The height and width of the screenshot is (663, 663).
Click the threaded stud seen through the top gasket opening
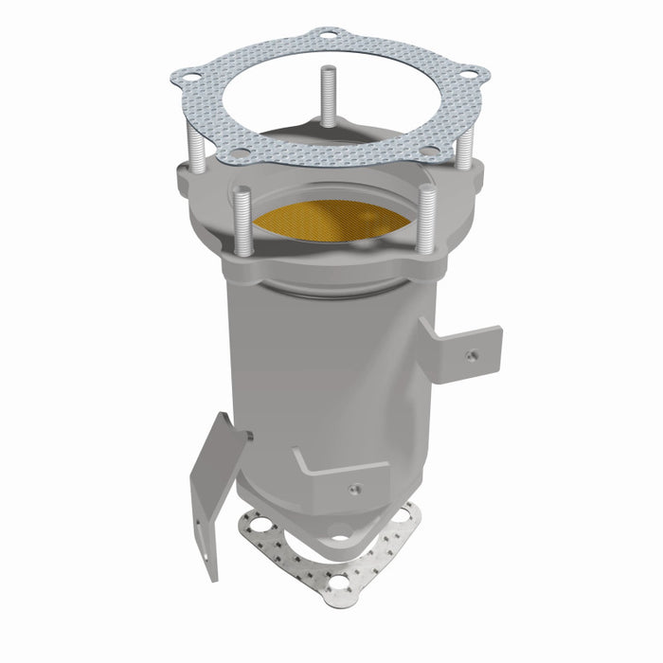(328, 95)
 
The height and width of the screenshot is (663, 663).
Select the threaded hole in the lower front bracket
(353, 489)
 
